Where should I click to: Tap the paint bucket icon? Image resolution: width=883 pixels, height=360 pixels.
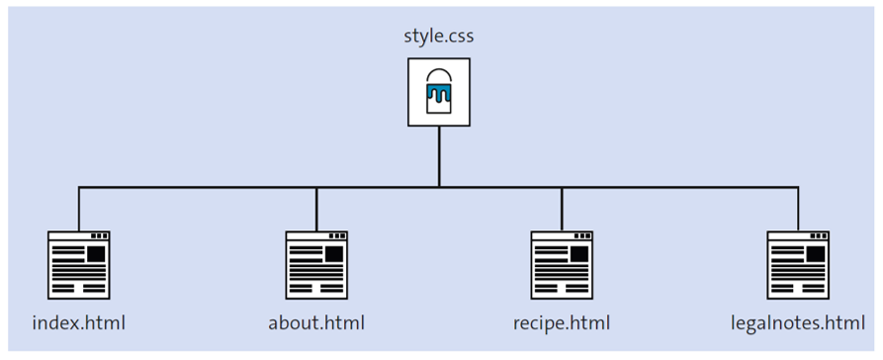[439, 92]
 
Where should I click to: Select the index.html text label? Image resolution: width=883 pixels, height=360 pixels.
[79, 322]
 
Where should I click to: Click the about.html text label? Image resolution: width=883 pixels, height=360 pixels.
[316, 322]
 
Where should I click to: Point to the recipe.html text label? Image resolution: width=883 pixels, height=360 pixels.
[562, 322]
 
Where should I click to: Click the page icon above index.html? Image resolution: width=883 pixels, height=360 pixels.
[79, 264]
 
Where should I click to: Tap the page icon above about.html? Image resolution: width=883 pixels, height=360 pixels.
[316, 264]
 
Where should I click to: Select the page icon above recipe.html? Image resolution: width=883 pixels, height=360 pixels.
[562, 264]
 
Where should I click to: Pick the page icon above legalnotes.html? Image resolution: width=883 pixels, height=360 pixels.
[798, 264]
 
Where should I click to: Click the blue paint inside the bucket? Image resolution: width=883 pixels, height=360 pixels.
[439, 96]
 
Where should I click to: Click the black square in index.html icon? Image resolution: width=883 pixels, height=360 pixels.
[96, 254]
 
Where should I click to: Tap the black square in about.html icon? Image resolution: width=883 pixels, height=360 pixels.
[334, 254]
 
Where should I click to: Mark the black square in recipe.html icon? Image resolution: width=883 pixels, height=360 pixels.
[579, 254]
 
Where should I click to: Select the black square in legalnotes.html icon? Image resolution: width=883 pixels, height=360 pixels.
[816, 254]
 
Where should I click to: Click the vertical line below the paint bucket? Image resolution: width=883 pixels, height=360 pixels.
[439, 155]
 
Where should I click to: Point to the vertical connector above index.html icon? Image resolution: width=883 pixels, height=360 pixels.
[79, 208]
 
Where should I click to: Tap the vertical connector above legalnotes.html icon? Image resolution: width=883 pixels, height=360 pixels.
[798, 208]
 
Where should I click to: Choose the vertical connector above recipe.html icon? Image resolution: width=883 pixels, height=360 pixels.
[562, 208]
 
